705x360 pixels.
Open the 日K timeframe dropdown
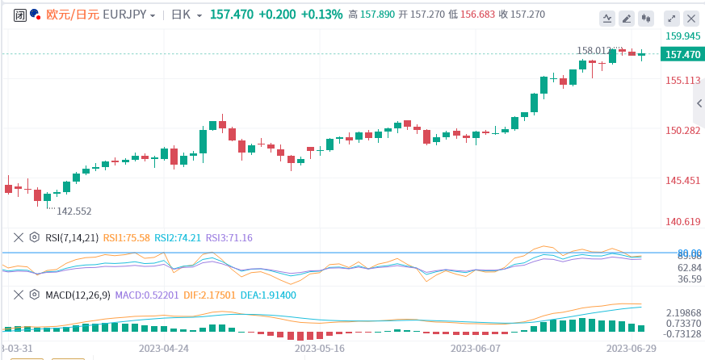click(x=182, y=15)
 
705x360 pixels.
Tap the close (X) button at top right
click(x=691, y=18)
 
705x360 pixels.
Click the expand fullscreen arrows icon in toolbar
click(x=671, y=18)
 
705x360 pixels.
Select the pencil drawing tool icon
click(x=626, y=18)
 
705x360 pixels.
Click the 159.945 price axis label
click(x=682, y=36)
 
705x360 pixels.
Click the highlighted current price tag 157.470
click(x=682, y=55)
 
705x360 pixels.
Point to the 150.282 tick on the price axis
click(x=682, y=131)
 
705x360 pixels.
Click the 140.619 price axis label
click(x=682, y=221)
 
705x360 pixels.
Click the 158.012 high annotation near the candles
click(x=596, y=50)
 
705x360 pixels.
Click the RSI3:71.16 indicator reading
click(x=229, y=238)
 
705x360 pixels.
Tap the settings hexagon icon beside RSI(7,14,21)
click(x=34, y=238)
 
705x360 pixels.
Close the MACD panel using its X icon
click(x=18, y=295)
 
